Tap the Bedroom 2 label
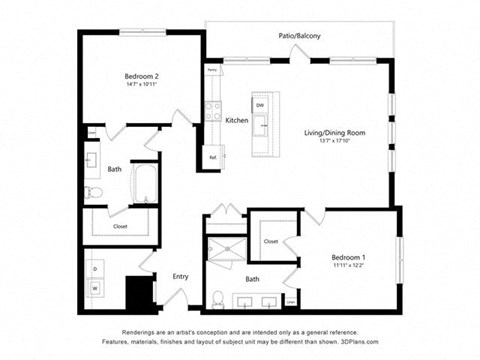pos(142,76)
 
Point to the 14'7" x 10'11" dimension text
pos(142,85)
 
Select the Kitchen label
pos(237,120)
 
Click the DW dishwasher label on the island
pos(260,105)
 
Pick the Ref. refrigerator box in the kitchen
pos(213,156)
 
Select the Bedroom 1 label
pos(349,258)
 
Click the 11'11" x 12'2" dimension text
pos(349,267)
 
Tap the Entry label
pos(181,276)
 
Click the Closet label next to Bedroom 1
pos(271,241)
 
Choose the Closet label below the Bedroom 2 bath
pos(120,226)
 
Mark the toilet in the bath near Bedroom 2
pos(92,191)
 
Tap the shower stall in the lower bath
pos(224,251)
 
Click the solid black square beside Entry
pos(137,292)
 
